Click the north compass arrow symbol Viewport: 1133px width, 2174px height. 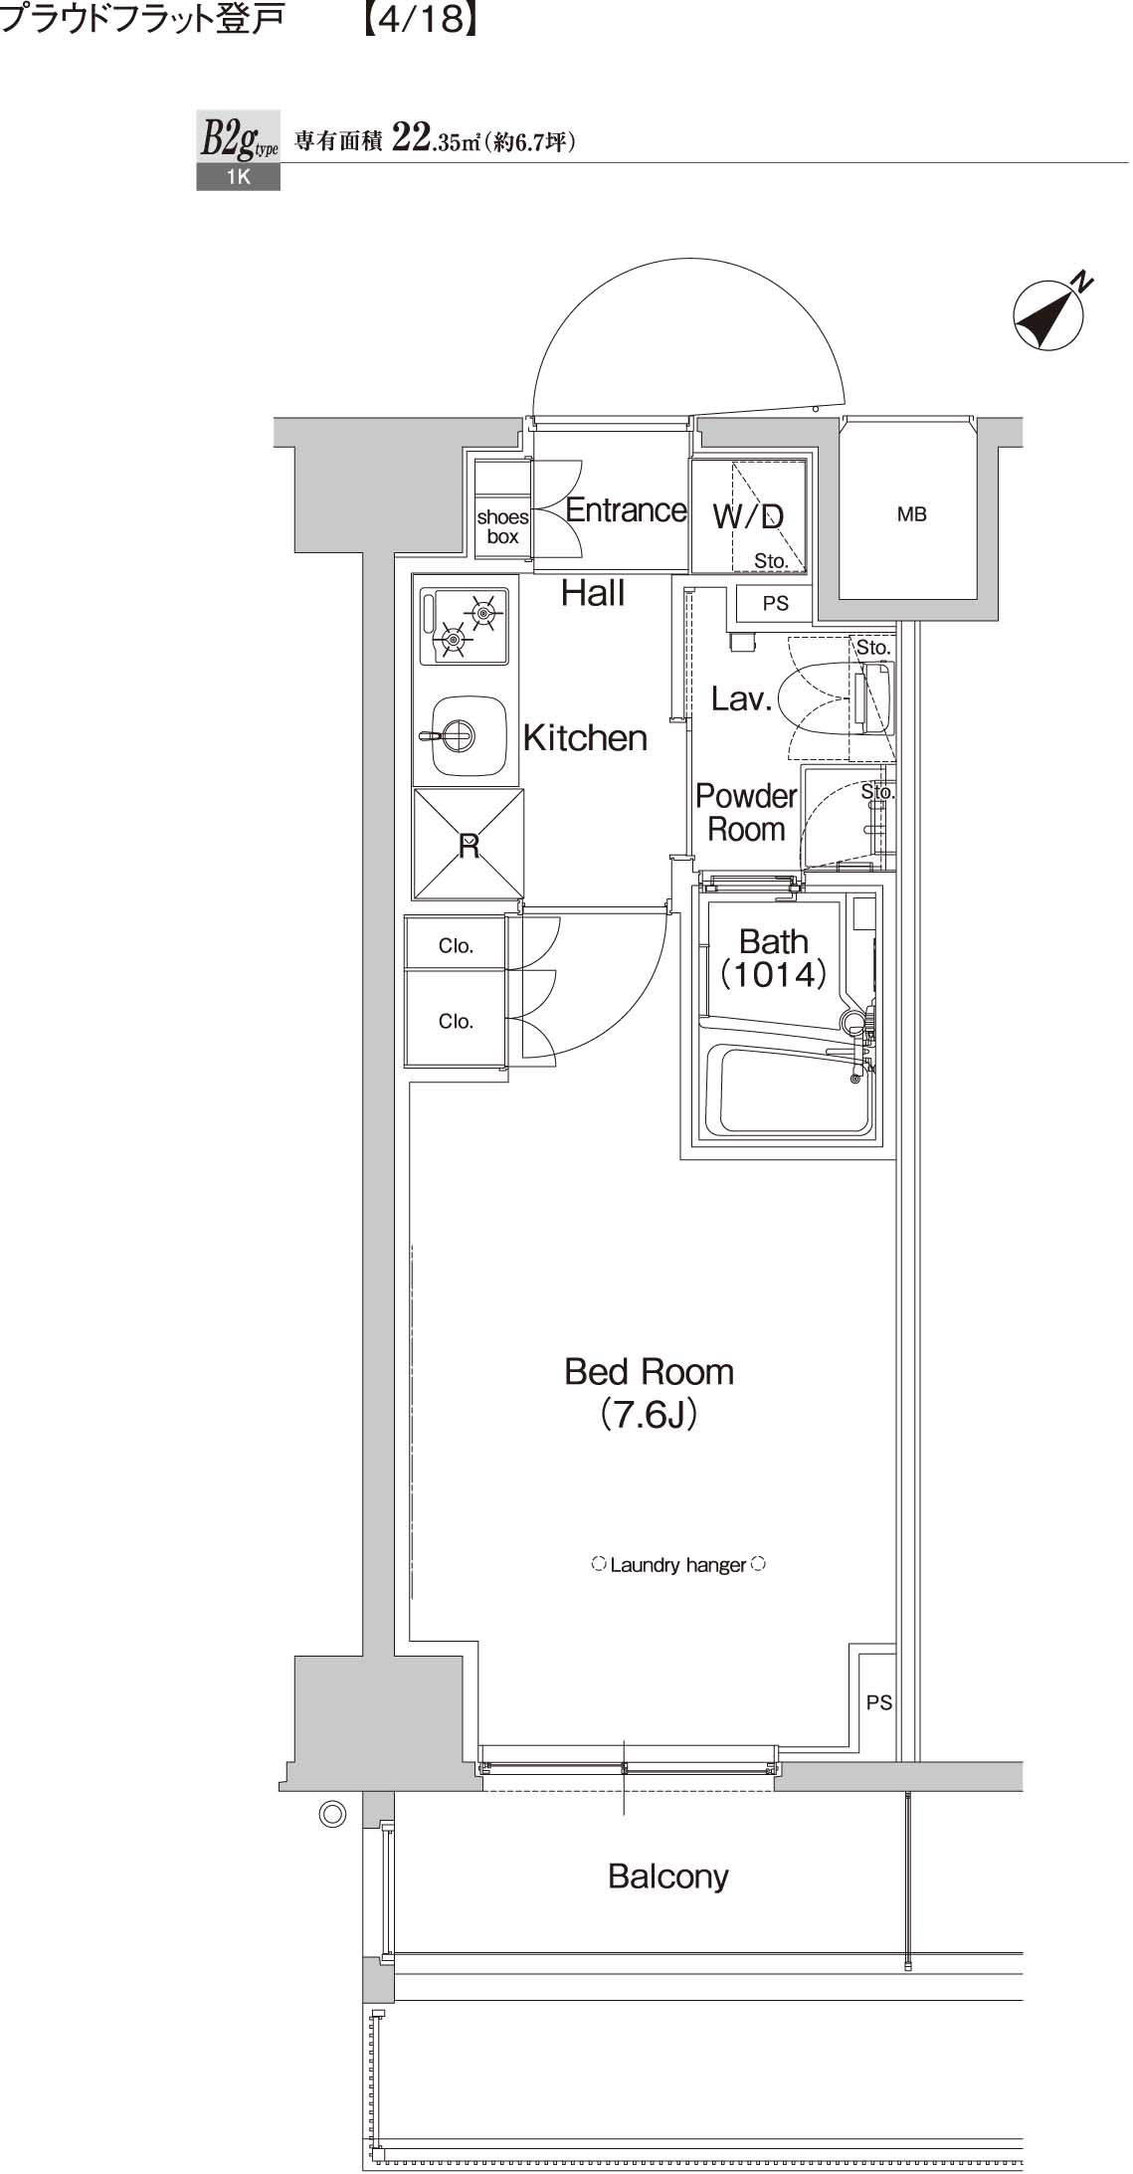tap(1047, 316)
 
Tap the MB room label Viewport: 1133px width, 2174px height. tap(911, 514)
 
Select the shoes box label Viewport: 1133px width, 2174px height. tap(502, 526)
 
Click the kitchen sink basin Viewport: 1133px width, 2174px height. tap(461, 736)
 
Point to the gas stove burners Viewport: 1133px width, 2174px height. tap(466, 626)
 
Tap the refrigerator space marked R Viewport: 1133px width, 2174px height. tap(469, 845)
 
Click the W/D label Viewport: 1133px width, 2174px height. tap(748, 516)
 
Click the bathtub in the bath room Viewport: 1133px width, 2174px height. tap(785, 1090)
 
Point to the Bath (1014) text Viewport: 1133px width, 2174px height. tap(773, 957)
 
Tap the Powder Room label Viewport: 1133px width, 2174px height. tap(745, 812)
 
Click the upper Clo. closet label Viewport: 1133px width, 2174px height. tap(456, 945)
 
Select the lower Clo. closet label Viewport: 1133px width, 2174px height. tap(456, 1021)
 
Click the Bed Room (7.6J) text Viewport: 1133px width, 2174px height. tap(649, 1392)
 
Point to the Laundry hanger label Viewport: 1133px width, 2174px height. tap(677, 1565)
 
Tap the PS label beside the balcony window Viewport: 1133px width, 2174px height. tap(878, 1702)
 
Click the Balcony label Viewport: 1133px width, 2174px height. tap(667, 1877)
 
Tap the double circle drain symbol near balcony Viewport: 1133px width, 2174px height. tap(331, 1814)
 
